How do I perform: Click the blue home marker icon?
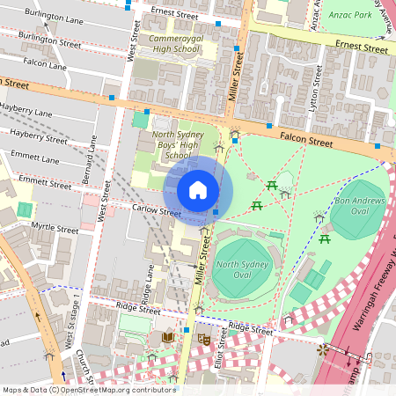[198, 189]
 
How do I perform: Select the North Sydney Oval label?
[240, 270]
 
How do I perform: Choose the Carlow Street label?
[156, 212]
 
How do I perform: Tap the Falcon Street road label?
[306, 140]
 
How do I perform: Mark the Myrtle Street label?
[55, 227]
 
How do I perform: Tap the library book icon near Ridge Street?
[168, 337]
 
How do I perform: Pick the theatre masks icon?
[204, 338]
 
